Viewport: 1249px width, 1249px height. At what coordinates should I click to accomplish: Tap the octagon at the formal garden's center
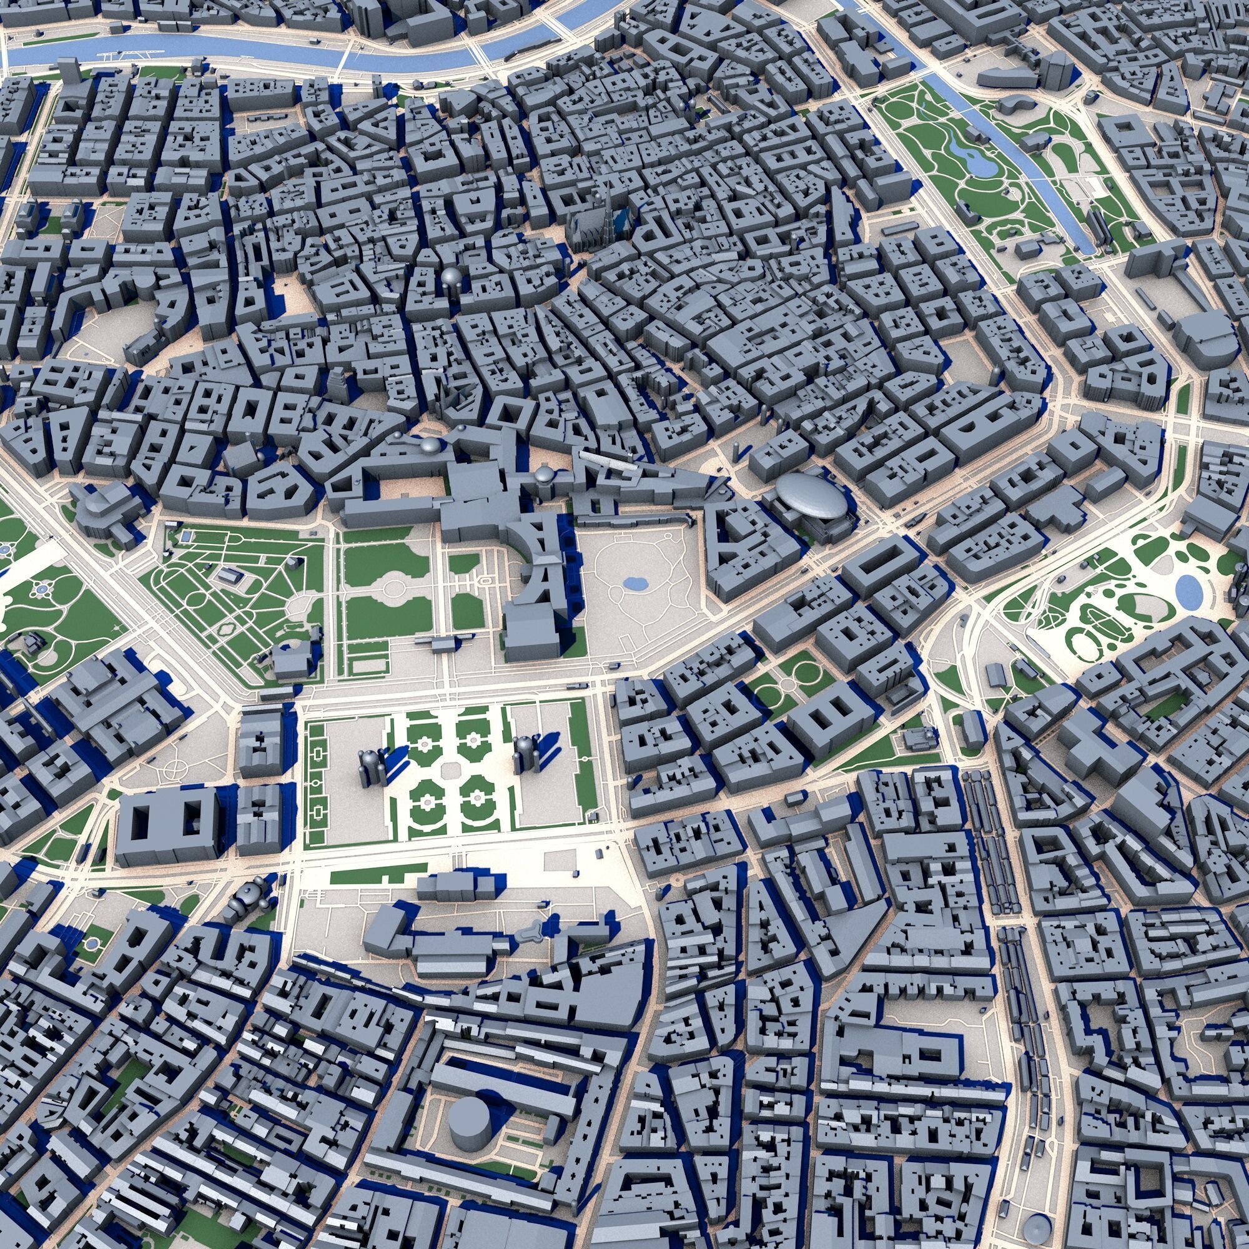pos(450,769)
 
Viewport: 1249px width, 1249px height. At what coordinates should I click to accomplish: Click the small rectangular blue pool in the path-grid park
pos(227,573)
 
